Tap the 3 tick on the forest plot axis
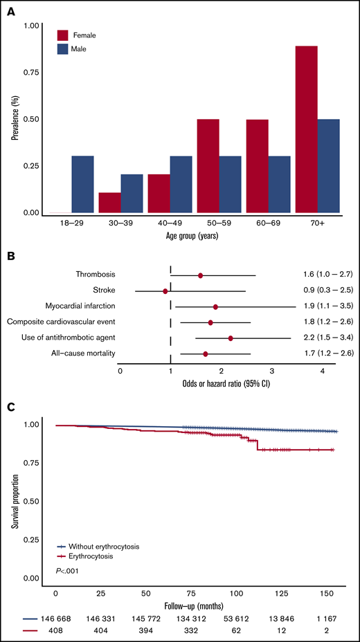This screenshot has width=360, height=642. (272, 351)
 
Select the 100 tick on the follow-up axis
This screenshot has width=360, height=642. (236, 593)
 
